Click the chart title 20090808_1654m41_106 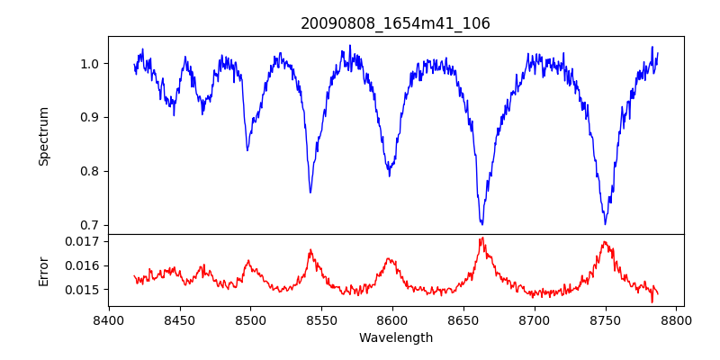point(395,23)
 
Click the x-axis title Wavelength point(395,337)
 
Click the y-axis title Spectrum point(43,136)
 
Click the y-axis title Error point(43,270)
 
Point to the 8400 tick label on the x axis point(109,319)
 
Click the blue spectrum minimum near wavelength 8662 point(481,223)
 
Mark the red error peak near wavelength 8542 point(310,250)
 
